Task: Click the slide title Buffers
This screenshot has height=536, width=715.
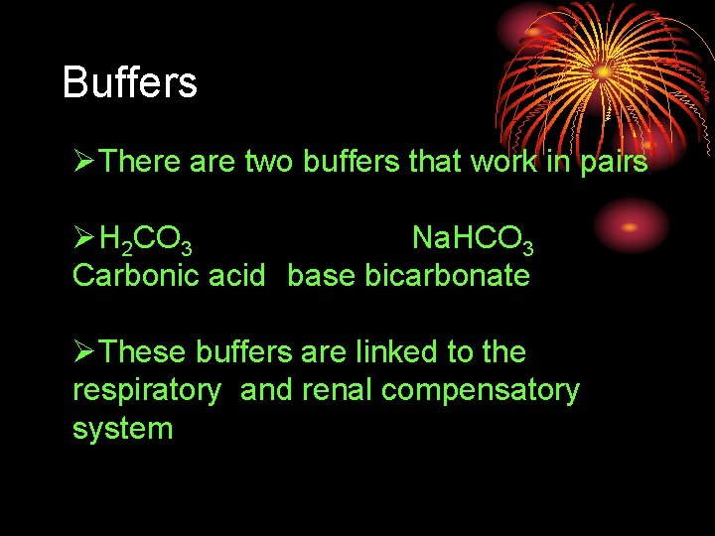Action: (x=129, y=82)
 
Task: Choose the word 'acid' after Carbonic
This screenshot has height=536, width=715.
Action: (x=236, y=275)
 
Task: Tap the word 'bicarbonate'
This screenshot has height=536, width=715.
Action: (x=447, y=275)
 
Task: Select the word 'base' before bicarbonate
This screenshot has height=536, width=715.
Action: (x=322, y=275)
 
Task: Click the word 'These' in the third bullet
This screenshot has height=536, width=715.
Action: (x=144, y=352)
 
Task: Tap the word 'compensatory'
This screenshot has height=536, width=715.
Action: (x=480, y=391)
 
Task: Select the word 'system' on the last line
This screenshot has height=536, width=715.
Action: (x=122, y=429)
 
